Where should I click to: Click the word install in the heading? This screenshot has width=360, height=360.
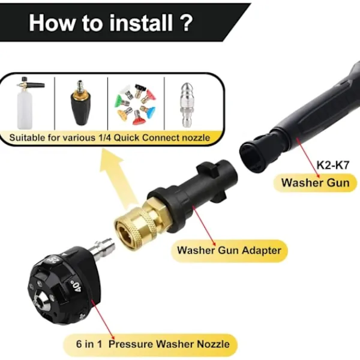pyautogui.click(x=141, y=23)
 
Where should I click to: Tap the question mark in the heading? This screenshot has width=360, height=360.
pyautogui.click(x=185, y=23)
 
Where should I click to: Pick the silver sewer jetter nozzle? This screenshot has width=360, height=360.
pyautogui.click(x=187, y=104)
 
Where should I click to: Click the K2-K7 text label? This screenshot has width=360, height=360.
pyautogui.click(x=333, y=165)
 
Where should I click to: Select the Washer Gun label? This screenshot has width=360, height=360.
pyautogui.click(x=315, y=183)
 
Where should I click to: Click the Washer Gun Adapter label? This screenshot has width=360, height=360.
pyautogui.click(x=229, y=250)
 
